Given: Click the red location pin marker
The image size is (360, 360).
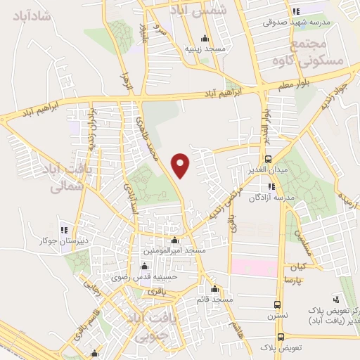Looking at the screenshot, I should pos(181,165).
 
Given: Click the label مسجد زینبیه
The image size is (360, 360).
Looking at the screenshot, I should pos(205,49).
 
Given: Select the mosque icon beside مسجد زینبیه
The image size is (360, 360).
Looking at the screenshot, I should pos(205,39).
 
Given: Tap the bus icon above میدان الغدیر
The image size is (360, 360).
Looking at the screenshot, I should pos(269,160).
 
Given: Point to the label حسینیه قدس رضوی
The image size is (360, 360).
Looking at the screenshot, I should pos(146,277).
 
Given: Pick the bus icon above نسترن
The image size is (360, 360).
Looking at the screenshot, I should pos(278,305).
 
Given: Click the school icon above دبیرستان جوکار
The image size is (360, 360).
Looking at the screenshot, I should pos(65,229).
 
